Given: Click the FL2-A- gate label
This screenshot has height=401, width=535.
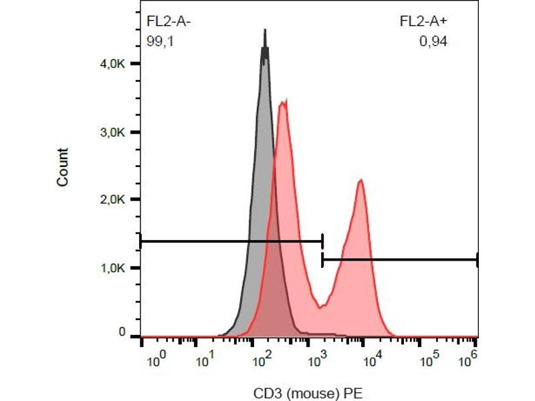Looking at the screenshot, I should (x=169, y=21).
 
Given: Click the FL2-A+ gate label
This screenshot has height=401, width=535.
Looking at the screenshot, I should (x=423, y=21).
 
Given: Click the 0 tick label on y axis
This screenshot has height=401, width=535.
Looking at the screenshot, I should (x=122, y=332).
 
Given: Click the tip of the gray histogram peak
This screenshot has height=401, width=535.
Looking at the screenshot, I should (x=265, y=31).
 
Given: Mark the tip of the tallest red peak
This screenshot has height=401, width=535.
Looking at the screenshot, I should (x=285, y=101).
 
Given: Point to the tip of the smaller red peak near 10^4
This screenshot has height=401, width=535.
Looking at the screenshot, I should (x=361, y=180).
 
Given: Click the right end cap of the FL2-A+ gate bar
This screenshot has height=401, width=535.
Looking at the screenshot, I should (x=477, y=260).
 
